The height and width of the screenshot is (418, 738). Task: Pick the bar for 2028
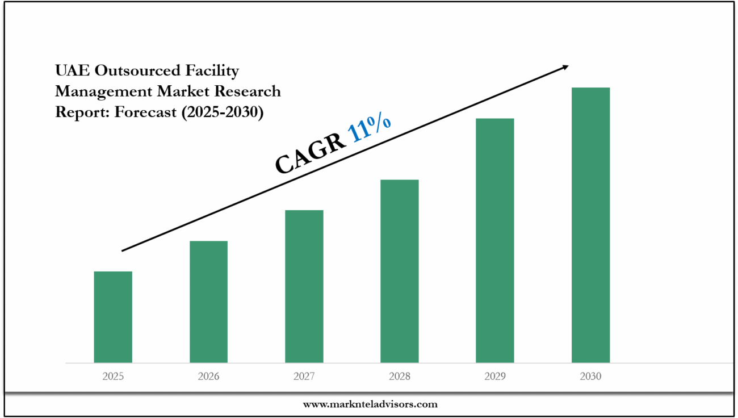(399, 271)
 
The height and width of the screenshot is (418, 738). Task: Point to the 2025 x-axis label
(113, 377)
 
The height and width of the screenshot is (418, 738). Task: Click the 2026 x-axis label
(208, 377)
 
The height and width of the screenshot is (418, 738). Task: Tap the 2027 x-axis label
(304, 377)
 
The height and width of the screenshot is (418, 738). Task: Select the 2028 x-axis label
(399, 377)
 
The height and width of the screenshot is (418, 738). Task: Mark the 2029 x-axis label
(494, 377)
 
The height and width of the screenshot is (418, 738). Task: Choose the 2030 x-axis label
(590, 377)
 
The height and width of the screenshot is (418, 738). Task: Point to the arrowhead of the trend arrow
(564, 67)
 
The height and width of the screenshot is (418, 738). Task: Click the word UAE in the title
(72, 70)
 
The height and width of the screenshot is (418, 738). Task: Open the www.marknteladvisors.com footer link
(370, 404)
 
